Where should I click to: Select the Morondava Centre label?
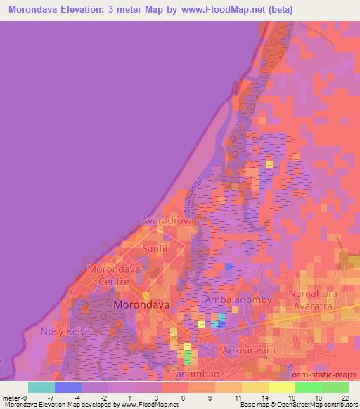[114, 275]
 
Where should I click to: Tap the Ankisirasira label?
[246, 349]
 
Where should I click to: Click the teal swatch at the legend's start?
[41, 387]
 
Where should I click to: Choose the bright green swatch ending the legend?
[335, 387]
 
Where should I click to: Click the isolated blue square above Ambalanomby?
[229, 266]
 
